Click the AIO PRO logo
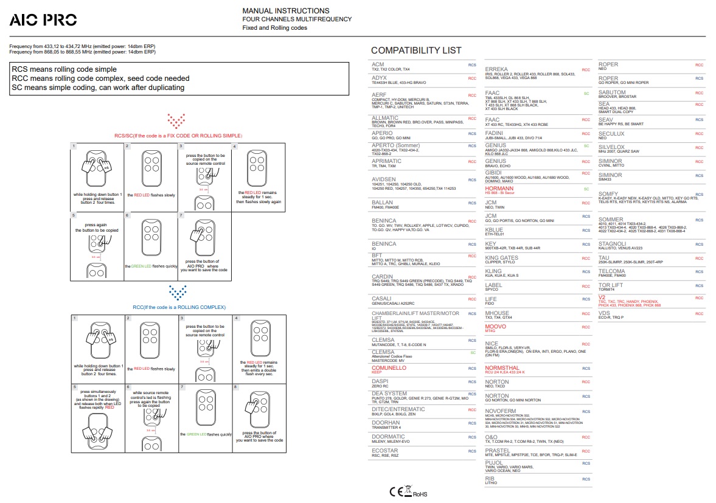tap(43, 20)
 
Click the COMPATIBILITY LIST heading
tap(416, 50)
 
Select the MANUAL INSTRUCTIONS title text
tap(286, 11)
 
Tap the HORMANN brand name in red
tap(499, 189)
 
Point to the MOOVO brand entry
tap(495, 327)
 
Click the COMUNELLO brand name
tap(389, 368)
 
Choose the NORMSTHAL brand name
tap(502, 368)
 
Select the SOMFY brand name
tap(608, 193)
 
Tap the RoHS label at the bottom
tap(420, 494)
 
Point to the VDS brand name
tap(604, 313)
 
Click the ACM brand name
tap(378, 64)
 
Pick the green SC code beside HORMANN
tap(586, 189)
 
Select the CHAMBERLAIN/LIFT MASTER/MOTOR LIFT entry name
tap(414, 316)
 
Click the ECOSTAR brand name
tap(384, 451)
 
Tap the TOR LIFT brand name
tap(611, 285)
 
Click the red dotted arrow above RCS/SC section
tap(176, 120)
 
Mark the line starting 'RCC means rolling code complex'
tap(100, 78)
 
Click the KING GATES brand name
tap(502, 258)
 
